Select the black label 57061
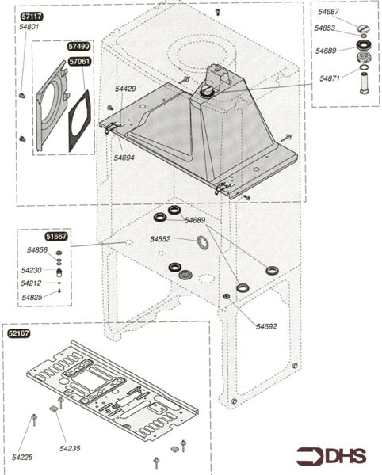tap(78, 61)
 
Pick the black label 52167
tap(19, 334)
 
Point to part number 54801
tap(29, 27)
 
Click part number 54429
tap(126, 89)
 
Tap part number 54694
tap(124, 158)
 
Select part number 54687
tap(329, 13)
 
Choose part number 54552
tap(161, 239)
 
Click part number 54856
tap(37, 250)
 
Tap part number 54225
tap(22, 458)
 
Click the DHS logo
tap(331, 457)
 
